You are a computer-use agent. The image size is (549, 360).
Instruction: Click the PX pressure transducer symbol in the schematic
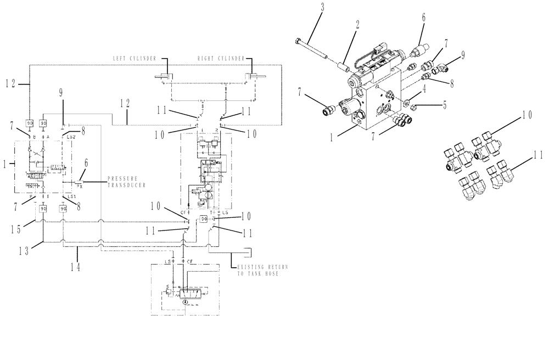tap(80, 183)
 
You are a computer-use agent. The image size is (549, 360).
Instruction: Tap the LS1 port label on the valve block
tap(71, 196)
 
